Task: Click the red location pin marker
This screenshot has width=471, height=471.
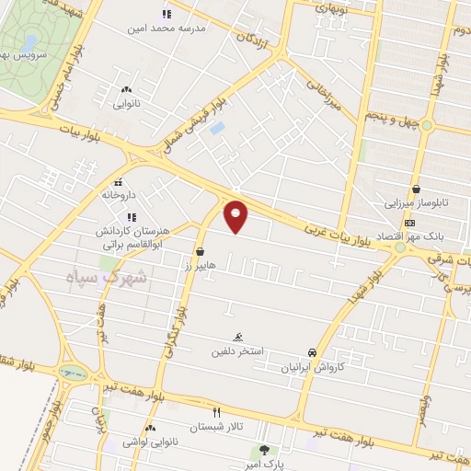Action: [x=236, y=215]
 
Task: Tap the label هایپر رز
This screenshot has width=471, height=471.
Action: [x=200, y=264]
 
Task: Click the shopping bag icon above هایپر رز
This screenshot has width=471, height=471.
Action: [x=200, y=250]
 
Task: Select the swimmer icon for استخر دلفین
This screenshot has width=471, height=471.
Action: [x=238, y=337]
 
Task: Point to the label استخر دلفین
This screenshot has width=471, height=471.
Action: [x=238, y=350]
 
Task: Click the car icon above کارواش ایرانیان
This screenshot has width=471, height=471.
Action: [x=313, y=351]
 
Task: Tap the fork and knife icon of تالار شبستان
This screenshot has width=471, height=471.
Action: [x=217, y=413]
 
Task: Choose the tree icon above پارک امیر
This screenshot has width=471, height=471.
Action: [x=266, y=450]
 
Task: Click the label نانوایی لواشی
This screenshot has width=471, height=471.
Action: [x=150, y=441]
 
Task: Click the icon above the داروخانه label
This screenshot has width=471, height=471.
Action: [x=119, y=182]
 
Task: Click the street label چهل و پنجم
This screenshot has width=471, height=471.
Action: [x=394, y=120]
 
